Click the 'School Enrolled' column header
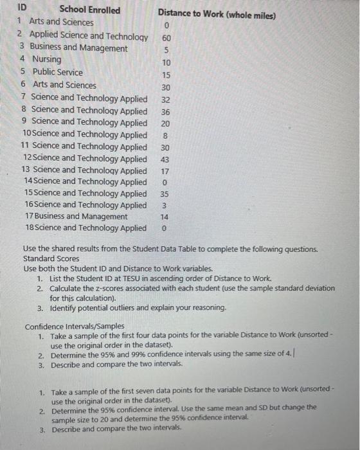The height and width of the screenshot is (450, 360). click(x=89, y=10)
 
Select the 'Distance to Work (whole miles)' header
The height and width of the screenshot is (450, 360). click(x=217, y=12)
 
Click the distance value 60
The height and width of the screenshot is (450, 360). click(x=166, y=38)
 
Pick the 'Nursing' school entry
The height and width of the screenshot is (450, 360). click(x=47, y=60)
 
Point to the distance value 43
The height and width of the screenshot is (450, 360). click(x=165, y=159)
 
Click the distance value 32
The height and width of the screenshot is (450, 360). click(x=166, y=100)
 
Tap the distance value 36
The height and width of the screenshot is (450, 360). click(x=166, y=111)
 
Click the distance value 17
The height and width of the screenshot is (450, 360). click(x=165, y=171)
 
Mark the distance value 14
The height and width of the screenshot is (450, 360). click(x=165, y=217)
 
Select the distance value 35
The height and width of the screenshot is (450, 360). click(x=165, y=194)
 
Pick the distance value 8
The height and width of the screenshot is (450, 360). click(x=165, y=135)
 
